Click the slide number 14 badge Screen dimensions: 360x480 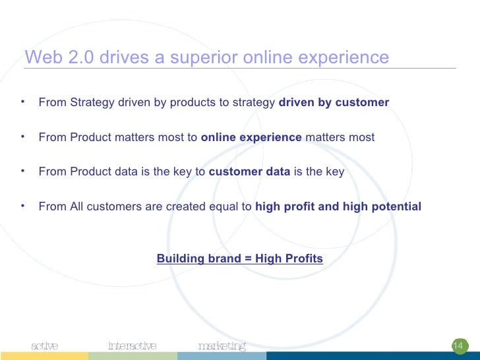click(458, 346)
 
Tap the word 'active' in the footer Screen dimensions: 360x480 click(45, 345)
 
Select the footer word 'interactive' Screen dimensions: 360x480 click(132, 345)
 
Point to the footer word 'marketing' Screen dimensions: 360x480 click(222, 346)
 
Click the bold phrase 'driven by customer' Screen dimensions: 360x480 click(334, 103)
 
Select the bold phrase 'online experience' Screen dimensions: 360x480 click(251, 137)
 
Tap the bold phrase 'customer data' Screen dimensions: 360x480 click(249, 172)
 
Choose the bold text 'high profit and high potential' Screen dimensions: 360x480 click(338, 206)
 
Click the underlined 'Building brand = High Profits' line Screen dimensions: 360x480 click(240, 258)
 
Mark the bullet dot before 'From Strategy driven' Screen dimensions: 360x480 click(22, 102)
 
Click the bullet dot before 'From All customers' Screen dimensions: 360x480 click(22, 206)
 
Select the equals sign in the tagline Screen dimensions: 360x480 click(249, 258)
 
